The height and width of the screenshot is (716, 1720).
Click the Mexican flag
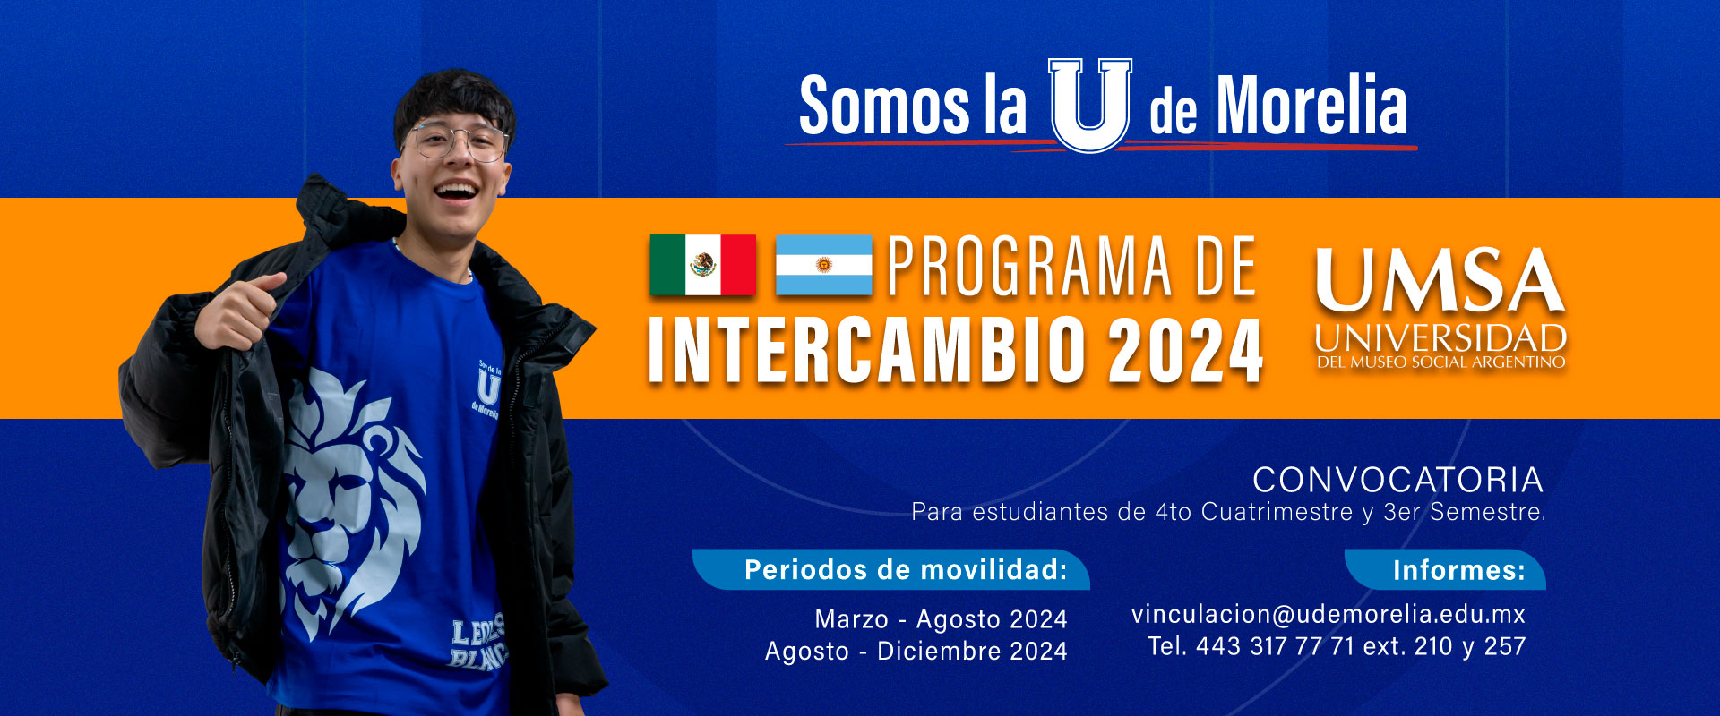pos(703,265)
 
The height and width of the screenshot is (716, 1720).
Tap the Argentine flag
pos(823,265)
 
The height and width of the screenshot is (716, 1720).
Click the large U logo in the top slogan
pos(1090,105)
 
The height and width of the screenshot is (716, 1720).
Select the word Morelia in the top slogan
pos(1311,106)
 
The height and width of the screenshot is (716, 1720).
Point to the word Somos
pos(884,106)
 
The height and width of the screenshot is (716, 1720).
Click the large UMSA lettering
pos(1440,280)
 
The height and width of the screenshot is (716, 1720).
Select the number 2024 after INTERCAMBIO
pos(1185,350)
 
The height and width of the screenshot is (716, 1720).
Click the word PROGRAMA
pos(1029,266)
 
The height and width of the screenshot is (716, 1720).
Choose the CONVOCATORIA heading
pos(1397,480)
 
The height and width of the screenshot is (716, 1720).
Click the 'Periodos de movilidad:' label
pos(906,570)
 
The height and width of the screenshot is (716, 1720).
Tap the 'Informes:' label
pos(1459,570)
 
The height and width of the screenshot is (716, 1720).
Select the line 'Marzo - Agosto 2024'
pos(941,619)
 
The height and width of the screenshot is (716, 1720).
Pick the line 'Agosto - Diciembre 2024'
pos(916,651)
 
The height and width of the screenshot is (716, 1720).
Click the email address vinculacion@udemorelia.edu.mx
pos(1328,614)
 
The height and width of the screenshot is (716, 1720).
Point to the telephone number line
pos(1337,646)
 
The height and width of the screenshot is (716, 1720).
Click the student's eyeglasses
pos(457,141)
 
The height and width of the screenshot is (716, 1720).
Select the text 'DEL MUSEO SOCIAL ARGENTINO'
pos(1440,362)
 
